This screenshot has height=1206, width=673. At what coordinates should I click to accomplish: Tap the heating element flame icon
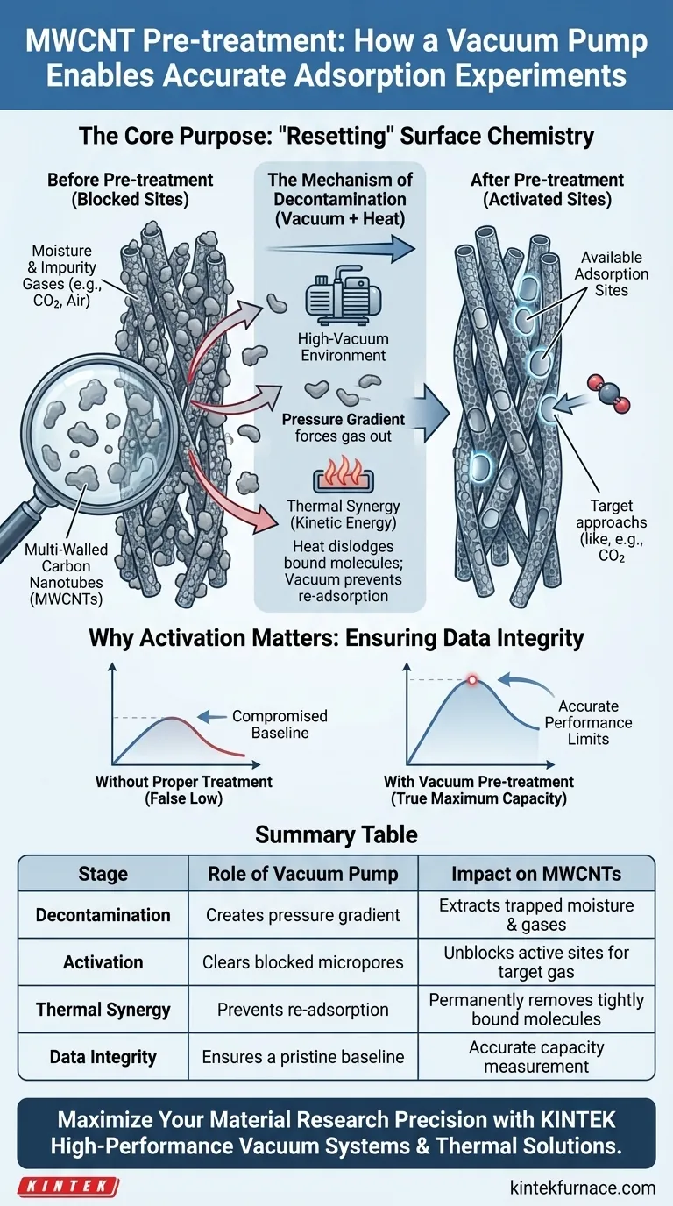[x=341, y=478]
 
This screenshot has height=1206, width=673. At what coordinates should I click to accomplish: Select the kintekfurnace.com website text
[x=582, y=1188]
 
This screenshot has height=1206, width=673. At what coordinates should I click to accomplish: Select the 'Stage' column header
[x=103, y=874]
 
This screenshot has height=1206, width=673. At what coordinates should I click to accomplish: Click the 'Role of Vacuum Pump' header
[x=303, y=874]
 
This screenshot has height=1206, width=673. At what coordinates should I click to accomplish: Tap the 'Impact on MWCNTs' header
[x=536, y=874]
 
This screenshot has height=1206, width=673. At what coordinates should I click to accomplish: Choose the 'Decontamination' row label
[x=103, y=915]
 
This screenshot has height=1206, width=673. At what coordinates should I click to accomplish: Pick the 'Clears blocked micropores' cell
[x=303, y=962]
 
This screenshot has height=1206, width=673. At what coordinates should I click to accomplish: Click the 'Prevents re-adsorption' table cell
[x=303, y=1010]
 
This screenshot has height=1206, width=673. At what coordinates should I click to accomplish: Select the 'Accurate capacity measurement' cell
[x=536, y=1057]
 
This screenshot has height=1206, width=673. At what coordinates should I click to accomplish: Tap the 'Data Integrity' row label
[x=103, y=1057]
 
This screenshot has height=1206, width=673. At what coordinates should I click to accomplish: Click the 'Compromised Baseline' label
[x=280, y=725]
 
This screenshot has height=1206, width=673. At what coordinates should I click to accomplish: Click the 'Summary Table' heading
[x=336, y=834]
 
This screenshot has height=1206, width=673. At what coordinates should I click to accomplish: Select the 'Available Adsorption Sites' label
[x=611, y=273]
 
